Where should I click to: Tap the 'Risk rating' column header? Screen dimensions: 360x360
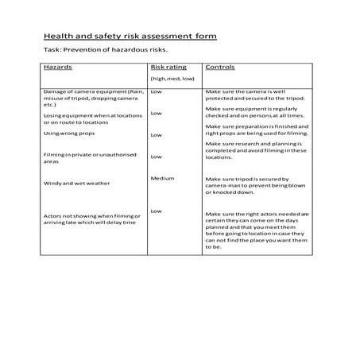coord(168,68)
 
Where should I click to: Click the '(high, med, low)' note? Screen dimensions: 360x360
coord(172,80)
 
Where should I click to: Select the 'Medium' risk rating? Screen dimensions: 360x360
coord(162,178)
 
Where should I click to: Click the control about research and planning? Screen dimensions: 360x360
coord(256,152)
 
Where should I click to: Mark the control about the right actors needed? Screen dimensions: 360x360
coord(257,230)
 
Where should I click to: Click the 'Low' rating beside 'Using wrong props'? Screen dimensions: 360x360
coord(156,135)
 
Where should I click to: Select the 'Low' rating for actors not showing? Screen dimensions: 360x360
coord(156,211)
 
